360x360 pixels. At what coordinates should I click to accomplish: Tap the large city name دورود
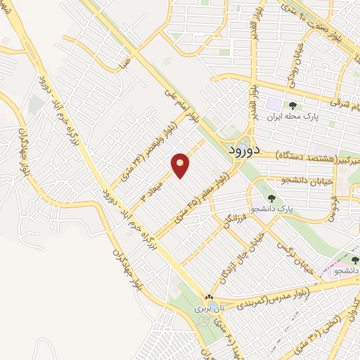[x=247, y=150]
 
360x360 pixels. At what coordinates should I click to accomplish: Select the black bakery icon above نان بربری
[x=209, y=297]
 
